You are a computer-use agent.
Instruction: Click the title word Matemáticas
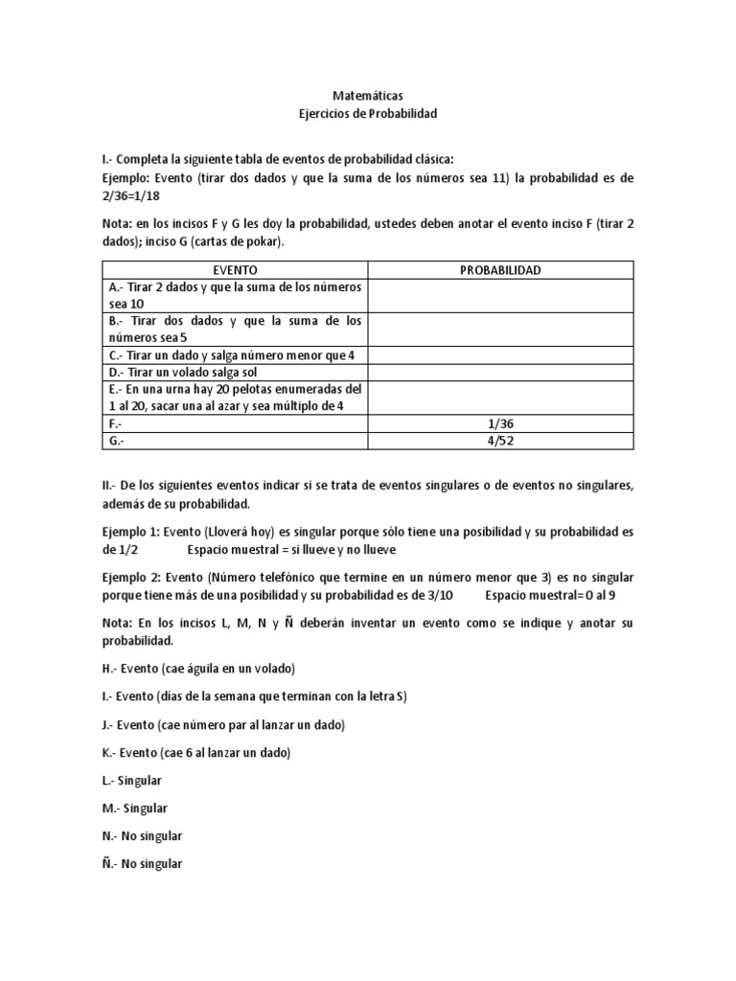pos(368,96)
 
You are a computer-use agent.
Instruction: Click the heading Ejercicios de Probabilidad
pos(368,113)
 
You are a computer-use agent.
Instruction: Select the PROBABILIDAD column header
pos(499,270)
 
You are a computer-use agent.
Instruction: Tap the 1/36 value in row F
pos(499,422)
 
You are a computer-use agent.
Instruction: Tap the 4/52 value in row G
pos(499,440)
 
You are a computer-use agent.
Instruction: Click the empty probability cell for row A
pos(499,294)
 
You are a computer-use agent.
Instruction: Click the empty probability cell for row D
pos(499,372)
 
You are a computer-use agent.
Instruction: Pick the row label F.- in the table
pos(119,422)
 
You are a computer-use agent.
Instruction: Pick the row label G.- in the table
pos(120,440)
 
